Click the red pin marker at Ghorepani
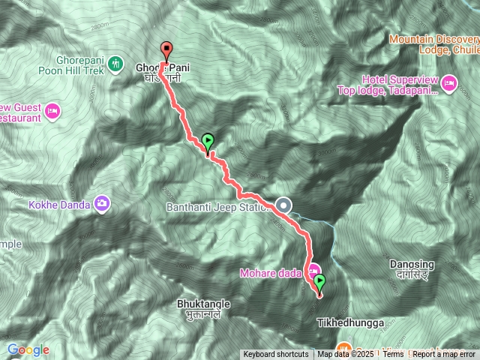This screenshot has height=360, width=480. [166, 49]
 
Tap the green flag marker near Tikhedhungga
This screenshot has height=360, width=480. [320, 283]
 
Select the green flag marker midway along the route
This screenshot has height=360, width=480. [208, 140]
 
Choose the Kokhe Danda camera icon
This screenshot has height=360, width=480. [102, 203]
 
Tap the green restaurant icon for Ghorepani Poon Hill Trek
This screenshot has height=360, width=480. [115, 63]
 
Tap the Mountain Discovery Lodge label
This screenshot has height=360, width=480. [434, 43]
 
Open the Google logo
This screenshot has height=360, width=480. [28, 349]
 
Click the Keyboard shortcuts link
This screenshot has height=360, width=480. [275, 355]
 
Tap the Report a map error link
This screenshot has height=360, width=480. [444, 355]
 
